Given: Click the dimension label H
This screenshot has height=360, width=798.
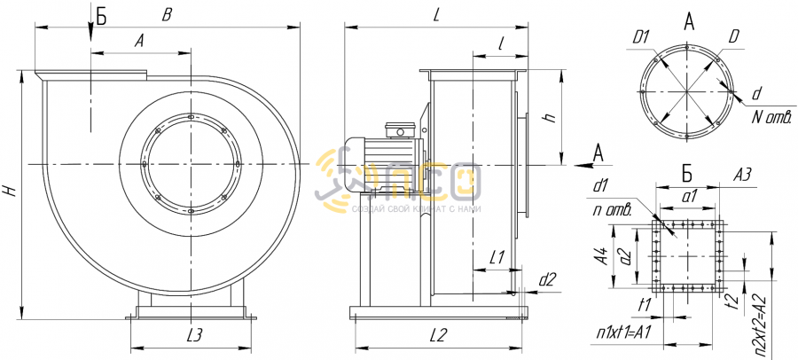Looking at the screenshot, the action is [11, 191].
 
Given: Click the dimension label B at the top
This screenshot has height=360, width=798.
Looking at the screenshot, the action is [166, 15].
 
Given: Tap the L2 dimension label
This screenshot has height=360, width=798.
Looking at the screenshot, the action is [438, 334].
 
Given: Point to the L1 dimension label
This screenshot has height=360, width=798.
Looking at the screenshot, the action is [497, 258].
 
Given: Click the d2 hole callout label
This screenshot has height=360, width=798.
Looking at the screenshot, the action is [548, 278].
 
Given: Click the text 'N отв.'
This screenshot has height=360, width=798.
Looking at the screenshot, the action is [771, 117].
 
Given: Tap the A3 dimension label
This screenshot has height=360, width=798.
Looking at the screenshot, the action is [742, 176].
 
